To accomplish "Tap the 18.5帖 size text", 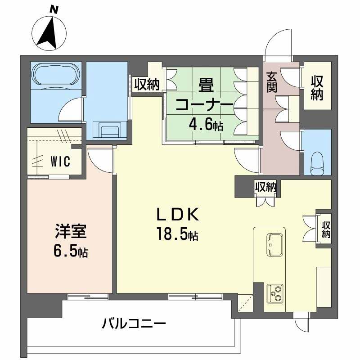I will point(177,234).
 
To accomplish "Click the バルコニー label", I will point(135,323).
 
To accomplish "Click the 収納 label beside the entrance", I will point(318,88).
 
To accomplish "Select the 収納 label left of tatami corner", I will point(146,85).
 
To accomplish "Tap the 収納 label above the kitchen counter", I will point(265,186).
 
